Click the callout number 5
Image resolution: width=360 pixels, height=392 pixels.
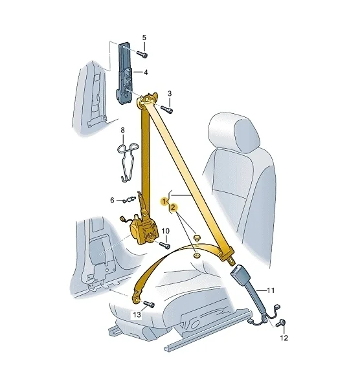pos(144,38)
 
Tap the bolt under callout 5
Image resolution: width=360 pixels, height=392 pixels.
pos(142,54)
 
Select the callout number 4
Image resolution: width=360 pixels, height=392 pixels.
pos(145,72)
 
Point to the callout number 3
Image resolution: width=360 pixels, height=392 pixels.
pos(170,94)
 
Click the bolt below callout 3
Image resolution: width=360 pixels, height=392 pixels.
pos(167,109)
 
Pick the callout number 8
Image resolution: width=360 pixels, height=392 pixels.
pos(122,130)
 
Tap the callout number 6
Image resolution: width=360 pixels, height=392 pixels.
pos(112,201)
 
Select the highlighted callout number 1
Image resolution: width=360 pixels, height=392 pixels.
pos(164,201)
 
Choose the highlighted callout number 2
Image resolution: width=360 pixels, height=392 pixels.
pos(173,207)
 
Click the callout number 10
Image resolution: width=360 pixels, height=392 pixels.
pos(166,231)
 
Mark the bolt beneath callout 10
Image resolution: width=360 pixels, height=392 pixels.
pos(164,245)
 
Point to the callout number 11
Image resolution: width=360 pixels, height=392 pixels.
pos(271,290)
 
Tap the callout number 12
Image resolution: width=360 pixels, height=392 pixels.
pos(284,338)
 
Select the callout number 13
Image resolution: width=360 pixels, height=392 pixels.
pos(137,315)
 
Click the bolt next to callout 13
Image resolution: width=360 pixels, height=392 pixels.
pos(149,304)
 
